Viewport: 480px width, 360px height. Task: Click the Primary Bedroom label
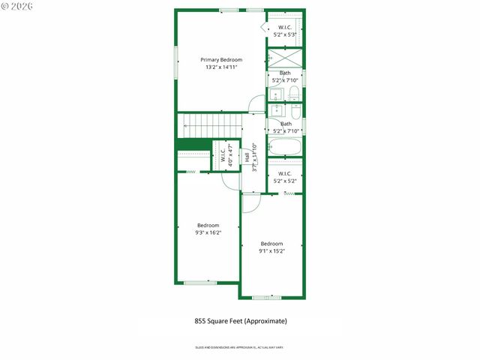(221, 59)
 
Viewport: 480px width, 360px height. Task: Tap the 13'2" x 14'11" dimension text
(221, 67)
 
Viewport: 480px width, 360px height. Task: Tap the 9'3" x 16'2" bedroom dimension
(208, 233)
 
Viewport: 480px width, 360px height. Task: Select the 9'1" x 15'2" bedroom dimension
(271, 251)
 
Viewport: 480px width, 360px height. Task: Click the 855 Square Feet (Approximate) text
(240, 321)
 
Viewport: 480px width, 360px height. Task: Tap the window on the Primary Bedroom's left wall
(176, 61)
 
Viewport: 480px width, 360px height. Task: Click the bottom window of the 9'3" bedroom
(200, 282)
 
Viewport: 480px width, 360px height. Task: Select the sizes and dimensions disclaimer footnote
(240, 347)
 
